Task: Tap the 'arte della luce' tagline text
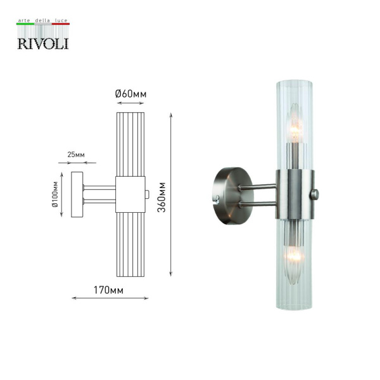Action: [x=42, y=22]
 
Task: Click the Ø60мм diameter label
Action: [x=130, y=94]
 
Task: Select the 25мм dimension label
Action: [x=75, y=155]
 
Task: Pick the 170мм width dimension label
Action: [x=108, y=291]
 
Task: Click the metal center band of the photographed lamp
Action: [x=294, y=193]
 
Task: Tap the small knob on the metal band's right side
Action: [x=315, y=193]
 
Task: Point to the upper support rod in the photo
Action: [x=260, y=187]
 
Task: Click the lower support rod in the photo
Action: [x=260, y=203]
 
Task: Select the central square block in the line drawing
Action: [x=130, y=193]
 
